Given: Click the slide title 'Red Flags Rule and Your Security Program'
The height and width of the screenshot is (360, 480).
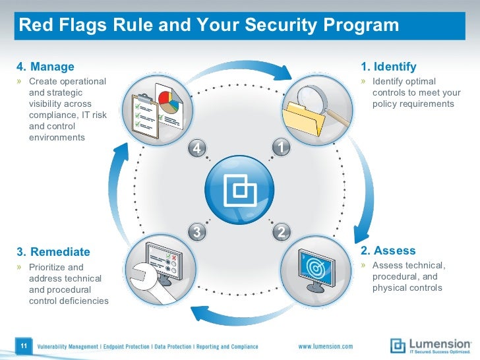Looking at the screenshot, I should [209, 26].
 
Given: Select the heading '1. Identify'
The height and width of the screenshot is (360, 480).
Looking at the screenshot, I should [388, 67].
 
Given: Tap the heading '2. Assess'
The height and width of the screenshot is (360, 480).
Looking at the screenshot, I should [388, 251].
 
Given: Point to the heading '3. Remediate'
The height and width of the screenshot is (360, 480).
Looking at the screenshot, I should [53, 252].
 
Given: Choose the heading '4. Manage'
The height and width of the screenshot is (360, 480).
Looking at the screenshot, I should [45, 67].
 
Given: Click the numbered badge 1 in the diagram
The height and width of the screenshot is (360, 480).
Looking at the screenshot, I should [281, 148].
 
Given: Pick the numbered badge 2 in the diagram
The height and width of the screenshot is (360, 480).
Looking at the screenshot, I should [281, 231].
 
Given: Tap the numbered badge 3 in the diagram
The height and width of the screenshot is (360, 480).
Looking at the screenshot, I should [196, 231].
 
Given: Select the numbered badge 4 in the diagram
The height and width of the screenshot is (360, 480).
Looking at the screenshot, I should [196, 149].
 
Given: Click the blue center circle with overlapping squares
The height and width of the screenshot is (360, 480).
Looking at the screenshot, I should [239, 190].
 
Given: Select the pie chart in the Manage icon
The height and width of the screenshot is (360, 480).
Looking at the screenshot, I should [169, 104].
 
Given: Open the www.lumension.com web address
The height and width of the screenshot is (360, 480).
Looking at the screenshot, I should [326, 346].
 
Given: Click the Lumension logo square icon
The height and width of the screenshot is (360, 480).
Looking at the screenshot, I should [398, 345].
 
